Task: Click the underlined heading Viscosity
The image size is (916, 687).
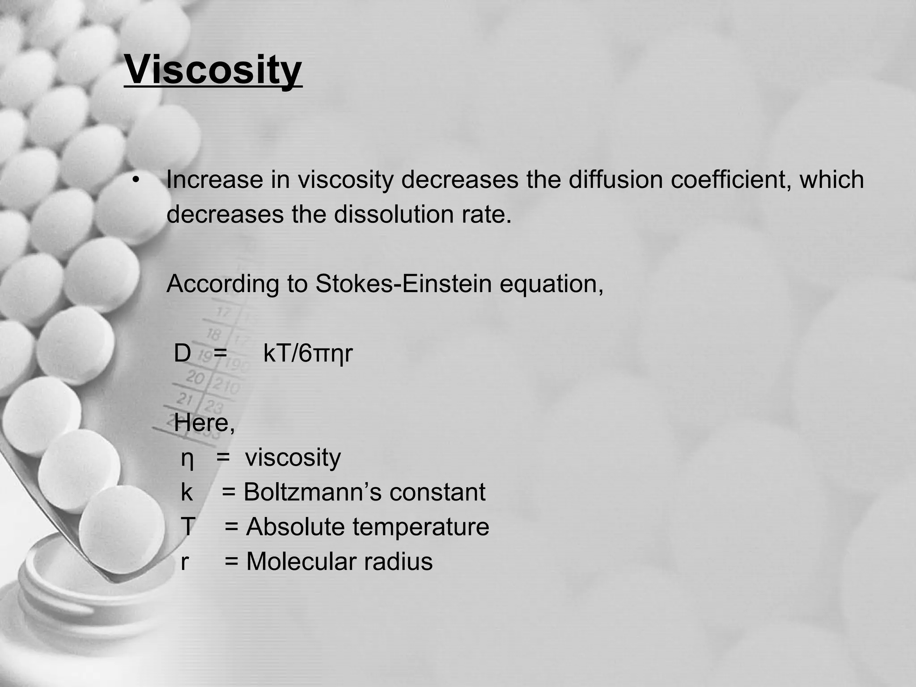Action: (213, 70)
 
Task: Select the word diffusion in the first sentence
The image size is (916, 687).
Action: (615, 180)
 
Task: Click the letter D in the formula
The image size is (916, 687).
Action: (182, 353)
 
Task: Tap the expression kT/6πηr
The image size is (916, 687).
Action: (308, 353)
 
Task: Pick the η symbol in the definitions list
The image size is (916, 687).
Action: (187, 459)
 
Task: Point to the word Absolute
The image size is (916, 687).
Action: (295, 527)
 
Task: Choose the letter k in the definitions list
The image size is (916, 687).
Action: (187, 492)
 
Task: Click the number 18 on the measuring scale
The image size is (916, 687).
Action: (214, 334)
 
